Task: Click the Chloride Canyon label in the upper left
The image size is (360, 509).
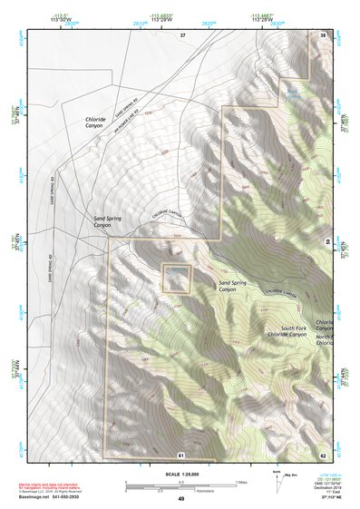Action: tap(95, 123)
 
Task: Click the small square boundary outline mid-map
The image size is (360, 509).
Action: tap(175, 278)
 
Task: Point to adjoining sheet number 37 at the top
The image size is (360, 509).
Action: tap(182, 34)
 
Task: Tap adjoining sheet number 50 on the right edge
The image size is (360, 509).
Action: tap(327, 240)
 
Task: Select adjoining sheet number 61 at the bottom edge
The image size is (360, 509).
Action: tap(181, 454)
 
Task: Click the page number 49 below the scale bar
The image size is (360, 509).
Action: tap(181, 498)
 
